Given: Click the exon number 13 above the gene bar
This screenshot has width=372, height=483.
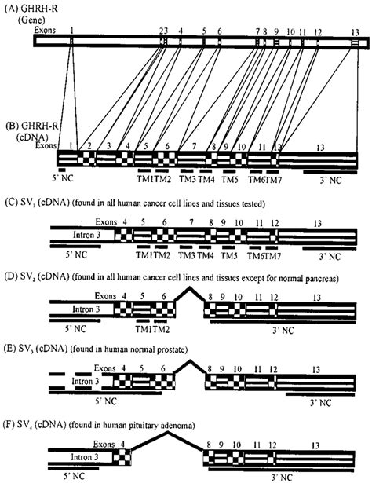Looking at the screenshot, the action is pos(356,32).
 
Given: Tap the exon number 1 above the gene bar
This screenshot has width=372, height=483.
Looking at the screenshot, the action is pos(71,31).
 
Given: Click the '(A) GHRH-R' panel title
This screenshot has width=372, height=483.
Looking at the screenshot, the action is pos(31,9).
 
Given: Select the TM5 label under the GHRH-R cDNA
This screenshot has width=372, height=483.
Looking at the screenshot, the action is pos(230,179).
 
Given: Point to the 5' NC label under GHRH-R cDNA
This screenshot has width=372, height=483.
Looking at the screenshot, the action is pos(63,178).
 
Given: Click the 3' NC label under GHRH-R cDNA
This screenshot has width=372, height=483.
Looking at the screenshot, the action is pos(330,180).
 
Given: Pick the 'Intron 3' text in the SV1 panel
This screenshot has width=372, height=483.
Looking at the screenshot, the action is pos(87,235).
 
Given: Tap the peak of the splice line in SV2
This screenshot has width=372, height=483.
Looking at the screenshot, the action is pos(190,287).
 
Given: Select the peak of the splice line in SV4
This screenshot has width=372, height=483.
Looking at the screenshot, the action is pos(168,432).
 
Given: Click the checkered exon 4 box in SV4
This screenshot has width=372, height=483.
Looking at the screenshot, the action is pos(122,457).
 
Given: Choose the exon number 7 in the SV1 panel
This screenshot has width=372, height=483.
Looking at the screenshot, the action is pos(191,222).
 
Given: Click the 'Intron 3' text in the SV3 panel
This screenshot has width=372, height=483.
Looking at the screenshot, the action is pos(86,382).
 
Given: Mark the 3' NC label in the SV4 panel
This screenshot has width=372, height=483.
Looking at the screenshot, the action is pos(282,478).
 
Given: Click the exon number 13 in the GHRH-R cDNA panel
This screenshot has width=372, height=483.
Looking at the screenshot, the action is pos(320,148).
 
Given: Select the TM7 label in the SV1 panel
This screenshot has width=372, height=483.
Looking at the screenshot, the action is pos(273,256).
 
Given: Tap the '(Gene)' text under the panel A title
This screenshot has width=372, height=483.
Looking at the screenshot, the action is pos(31,20).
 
